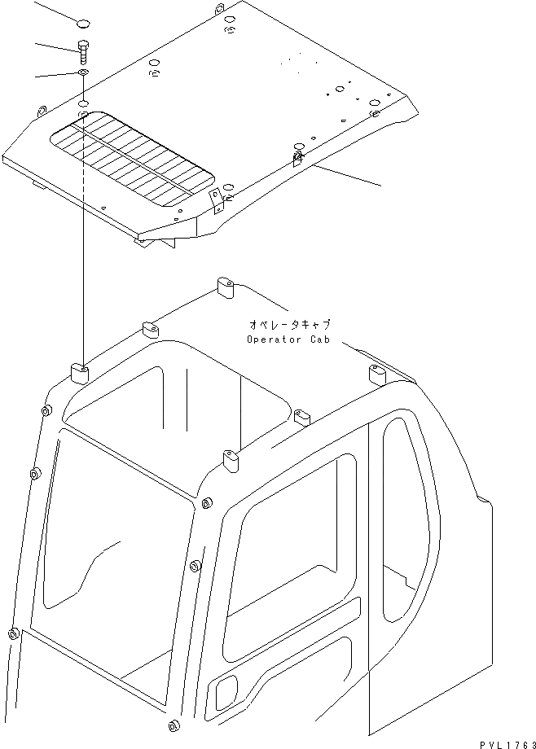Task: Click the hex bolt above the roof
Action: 84,51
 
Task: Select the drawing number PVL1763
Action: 504,740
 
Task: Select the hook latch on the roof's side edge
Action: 298,155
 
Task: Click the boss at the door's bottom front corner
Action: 173,727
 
